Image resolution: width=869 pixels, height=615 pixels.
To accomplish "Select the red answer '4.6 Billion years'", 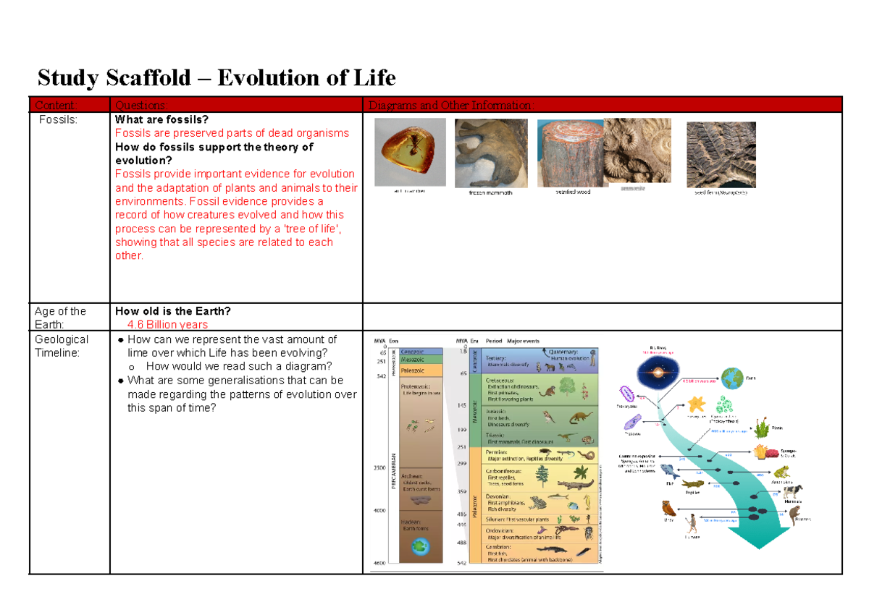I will pyautogui.click(x=167, y=325).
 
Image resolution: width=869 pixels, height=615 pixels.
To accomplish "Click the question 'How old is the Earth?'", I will pyautogui.click(x=173, y=311).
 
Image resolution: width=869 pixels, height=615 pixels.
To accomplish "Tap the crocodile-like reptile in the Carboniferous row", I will pyautogui.click(x=576, y=484).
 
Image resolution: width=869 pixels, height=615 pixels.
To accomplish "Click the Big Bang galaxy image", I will pyautogui.click(x=658, y=374).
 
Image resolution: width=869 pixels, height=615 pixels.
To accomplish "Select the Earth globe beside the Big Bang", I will pyautogui.click(x=732, y=379).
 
